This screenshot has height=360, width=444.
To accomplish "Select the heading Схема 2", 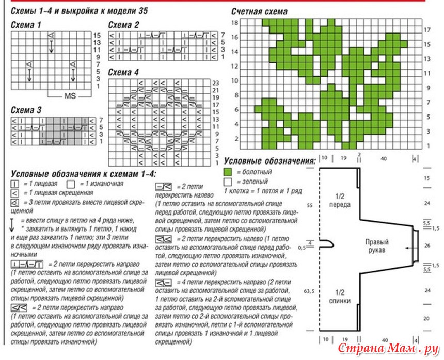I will click(124, 25).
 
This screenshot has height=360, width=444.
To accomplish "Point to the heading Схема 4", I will click(124, 72).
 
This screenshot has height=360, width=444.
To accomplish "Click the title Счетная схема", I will click(260, 11).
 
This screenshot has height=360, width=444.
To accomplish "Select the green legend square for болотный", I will click(228, 172).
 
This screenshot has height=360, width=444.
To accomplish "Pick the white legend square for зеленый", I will click(228, 182).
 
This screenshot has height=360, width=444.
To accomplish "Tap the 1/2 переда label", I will click(339, 200).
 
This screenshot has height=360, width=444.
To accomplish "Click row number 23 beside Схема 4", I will click(216, 83).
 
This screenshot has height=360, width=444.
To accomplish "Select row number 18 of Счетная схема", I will click(234, 23).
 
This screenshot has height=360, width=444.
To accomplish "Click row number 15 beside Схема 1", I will click(97, 35).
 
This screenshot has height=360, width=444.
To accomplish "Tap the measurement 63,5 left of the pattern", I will click(310, 291).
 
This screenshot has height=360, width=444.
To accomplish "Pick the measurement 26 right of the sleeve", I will click(427, 246).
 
